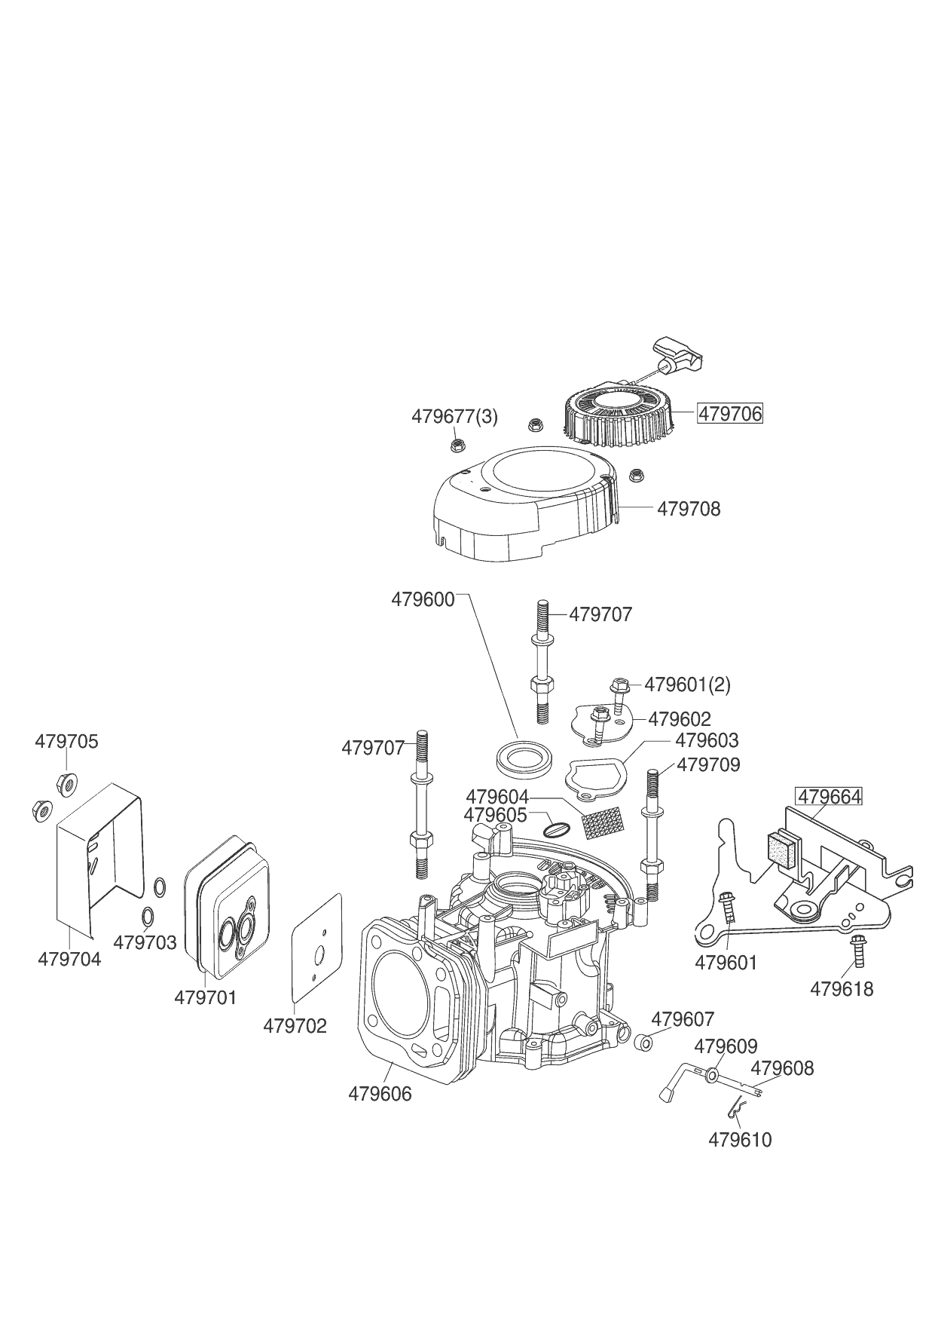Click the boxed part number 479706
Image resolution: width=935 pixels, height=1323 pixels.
[729, 414]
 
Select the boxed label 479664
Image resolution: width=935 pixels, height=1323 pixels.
[829, 796]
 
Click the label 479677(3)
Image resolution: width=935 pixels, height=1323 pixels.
[454, 416]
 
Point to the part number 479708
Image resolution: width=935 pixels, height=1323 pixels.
[689, 509]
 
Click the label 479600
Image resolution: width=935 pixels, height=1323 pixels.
[423, 599]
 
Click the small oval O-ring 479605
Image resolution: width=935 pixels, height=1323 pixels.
[555, 828]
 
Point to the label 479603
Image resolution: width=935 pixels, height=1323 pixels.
[707, 740]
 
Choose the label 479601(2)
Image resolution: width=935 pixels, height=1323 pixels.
[687, 684]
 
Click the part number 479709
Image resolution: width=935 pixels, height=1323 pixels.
[708, 764]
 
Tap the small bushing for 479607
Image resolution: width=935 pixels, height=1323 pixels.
[643, 1045]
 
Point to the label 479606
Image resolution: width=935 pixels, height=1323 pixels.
[380, 1094]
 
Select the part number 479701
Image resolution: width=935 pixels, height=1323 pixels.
[206, 997]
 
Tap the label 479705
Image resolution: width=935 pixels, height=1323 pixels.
[66, 741]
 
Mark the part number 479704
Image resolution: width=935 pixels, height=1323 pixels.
[69, 959]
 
